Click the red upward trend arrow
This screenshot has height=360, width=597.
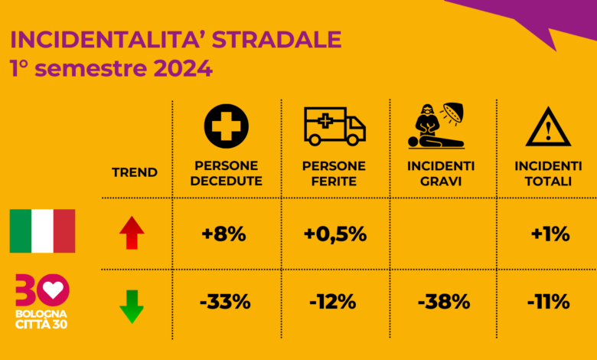click(132, 233)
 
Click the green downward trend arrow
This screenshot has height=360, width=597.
click(132, 306)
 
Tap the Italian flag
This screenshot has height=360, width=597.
click(42, 231)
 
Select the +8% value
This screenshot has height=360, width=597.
click(223, 234)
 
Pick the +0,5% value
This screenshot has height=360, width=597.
click(335, 234)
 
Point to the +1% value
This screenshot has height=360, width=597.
click(550, 234)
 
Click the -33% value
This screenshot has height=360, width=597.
click(225, 302)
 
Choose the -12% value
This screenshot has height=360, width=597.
click(333, 302)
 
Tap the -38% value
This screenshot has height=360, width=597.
click(444, 302)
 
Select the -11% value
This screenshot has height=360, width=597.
click(549, 302)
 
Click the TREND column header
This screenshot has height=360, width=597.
click(135, 172)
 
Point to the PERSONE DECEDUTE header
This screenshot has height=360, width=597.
click(226, 173)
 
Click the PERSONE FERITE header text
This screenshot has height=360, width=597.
click(334, 173)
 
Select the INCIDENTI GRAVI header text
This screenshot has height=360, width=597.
click(441, 173)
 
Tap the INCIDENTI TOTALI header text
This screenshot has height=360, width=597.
click(548, 173)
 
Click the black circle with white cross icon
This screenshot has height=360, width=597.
click(226, 126)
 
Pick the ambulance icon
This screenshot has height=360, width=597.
click(334, 126)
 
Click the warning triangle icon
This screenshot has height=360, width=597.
click(548, 127)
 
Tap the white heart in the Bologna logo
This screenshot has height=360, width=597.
click(54, 290)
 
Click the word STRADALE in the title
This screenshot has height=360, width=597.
click(277, 40)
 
